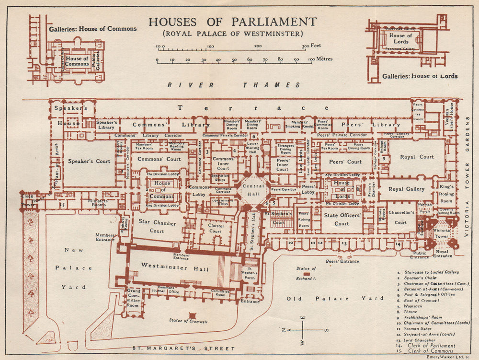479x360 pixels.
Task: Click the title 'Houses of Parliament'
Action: tap(232, 22)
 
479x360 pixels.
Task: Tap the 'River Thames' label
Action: tap(235, 85)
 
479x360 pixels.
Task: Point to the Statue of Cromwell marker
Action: tap(192, 315)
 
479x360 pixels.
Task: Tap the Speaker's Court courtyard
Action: tap(90, 162)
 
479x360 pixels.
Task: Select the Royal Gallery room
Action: tap(406, 189)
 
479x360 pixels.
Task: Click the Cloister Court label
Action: tap(215, 228)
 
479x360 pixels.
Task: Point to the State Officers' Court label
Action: tap(342, 220)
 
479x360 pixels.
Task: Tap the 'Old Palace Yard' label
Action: tap(335, 298)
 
